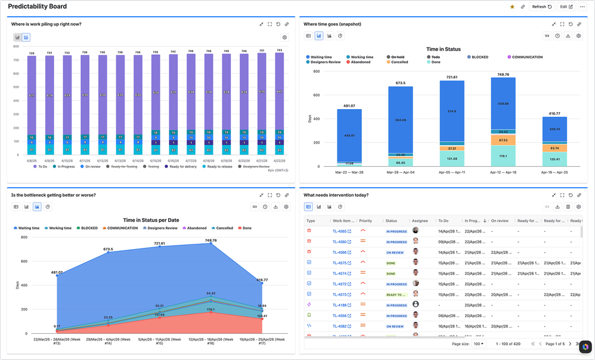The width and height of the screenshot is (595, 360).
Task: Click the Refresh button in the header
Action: click(x=541, y=7)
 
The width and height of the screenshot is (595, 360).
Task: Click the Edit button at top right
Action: click(x=566, y=7)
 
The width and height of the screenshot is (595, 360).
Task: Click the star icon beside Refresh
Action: click(x=512, y=7)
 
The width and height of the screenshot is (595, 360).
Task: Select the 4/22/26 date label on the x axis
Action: click(x=279, y=161)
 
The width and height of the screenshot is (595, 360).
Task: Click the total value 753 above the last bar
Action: click(x=279, y=52)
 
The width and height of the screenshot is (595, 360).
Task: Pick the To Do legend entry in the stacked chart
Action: click(x=41, y=166)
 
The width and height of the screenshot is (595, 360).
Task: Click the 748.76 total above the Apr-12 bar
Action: click(x=503, y=75)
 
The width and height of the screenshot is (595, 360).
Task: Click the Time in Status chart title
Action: click(x=444, y=49)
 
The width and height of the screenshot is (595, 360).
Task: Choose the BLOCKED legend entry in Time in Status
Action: click(x=479, y=57)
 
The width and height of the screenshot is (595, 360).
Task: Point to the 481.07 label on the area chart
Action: click(x=57, y=272)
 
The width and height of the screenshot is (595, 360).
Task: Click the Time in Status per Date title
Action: click(x=151, y=220)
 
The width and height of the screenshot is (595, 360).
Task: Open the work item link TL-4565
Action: click(x=339, y=231)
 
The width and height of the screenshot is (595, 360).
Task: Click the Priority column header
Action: click(x=365, y=221)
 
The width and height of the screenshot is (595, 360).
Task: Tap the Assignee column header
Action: click(x=420, y=221)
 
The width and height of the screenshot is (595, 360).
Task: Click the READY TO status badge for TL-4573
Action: click(x=395, y=294)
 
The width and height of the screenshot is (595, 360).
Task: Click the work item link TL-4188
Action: click(x=339, y=305)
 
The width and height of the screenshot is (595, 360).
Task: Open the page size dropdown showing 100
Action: click(x=478, y=344)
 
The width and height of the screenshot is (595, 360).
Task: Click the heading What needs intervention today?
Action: click(x=336, y=195)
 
